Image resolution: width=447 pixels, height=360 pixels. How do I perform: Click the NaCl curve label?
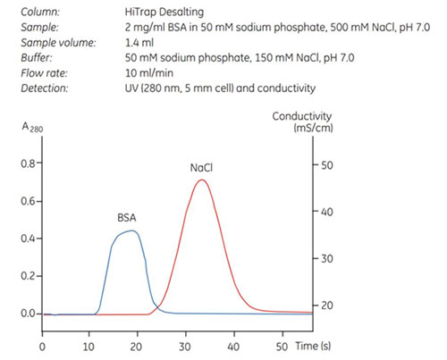coord(202,167)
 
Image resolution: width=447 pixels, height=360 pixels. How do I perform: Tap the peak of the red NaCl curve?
coord(202,180)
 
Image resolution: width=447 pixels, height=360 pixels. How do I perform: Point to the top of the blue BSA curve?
coord(132,230)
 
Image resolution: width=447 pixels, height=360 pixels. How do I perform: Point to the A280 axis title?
coord(30,127)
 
